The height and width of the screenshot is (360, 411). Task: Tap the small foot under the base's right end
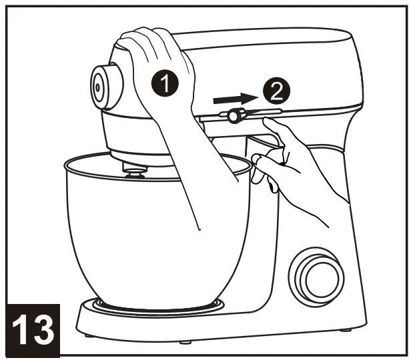point(347,329)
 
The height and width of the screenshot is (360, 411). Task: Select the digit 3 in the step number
point(45,330)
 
